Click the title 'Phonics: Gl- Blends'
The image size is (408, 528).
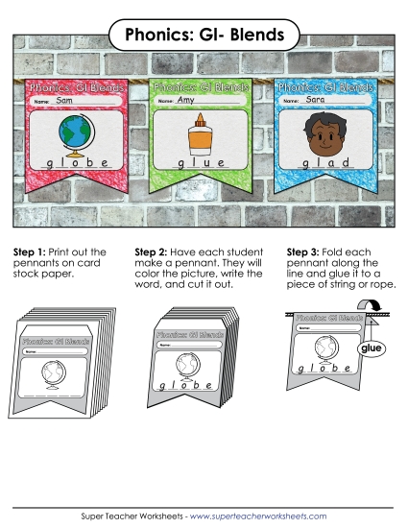click(204, 36)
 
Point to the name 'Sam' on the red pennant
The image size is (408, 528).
click(65, 101)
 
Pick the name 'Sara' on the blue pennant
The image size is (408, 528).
click(316, 100)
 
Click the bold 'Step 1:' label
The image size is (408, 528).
click(30, 252)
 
